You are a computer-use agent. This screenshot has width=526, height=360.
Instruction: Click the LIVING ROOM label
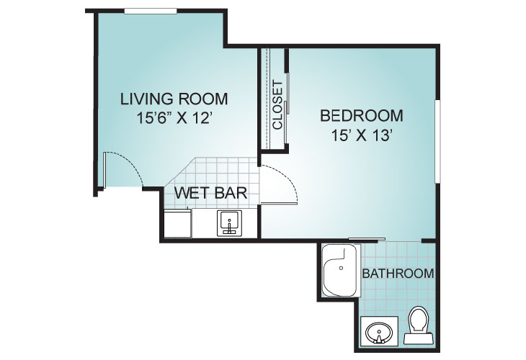pos(174,99)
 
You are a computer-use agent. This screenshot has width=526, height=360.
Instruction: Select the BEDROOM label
pos(361,116)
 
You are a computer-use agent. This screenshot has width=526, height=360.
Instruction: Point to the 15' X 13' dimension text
pos(362,135)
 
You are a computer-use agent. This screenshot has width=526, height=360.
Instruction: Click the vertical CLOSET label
pos(277,105)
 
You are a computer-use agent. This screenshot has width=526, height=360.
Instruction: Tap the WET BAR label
pos(210,193)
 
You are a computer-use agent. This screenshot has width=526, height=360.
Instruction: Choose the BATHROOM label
pos(398,274)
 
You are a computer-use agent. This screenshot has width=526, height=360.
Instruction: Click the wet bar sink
pos(229,223)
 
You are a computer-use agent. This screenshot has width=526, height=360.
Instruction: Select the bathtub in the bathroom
pos(340,271)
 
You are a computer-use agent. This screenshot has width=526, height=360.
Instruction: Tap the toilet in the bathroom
pos(419,325)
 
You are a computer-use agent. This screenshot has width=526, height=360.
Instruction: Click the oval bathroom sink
pos(379,332)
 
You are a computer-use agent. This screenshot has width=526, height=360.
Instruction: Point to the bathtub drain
pos(341,268)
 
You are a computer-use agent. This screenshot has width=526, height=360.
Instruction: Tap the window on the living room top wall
pos(151,12)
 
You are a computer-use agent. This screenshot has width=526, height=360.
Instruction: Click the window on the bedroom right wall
pos(437,141)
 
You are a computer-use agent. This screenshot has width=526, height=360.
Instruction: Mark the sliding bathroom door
pos(367,239)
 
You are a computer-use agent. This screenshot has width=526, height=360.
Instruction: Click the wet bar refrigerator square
pos(177,223)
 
